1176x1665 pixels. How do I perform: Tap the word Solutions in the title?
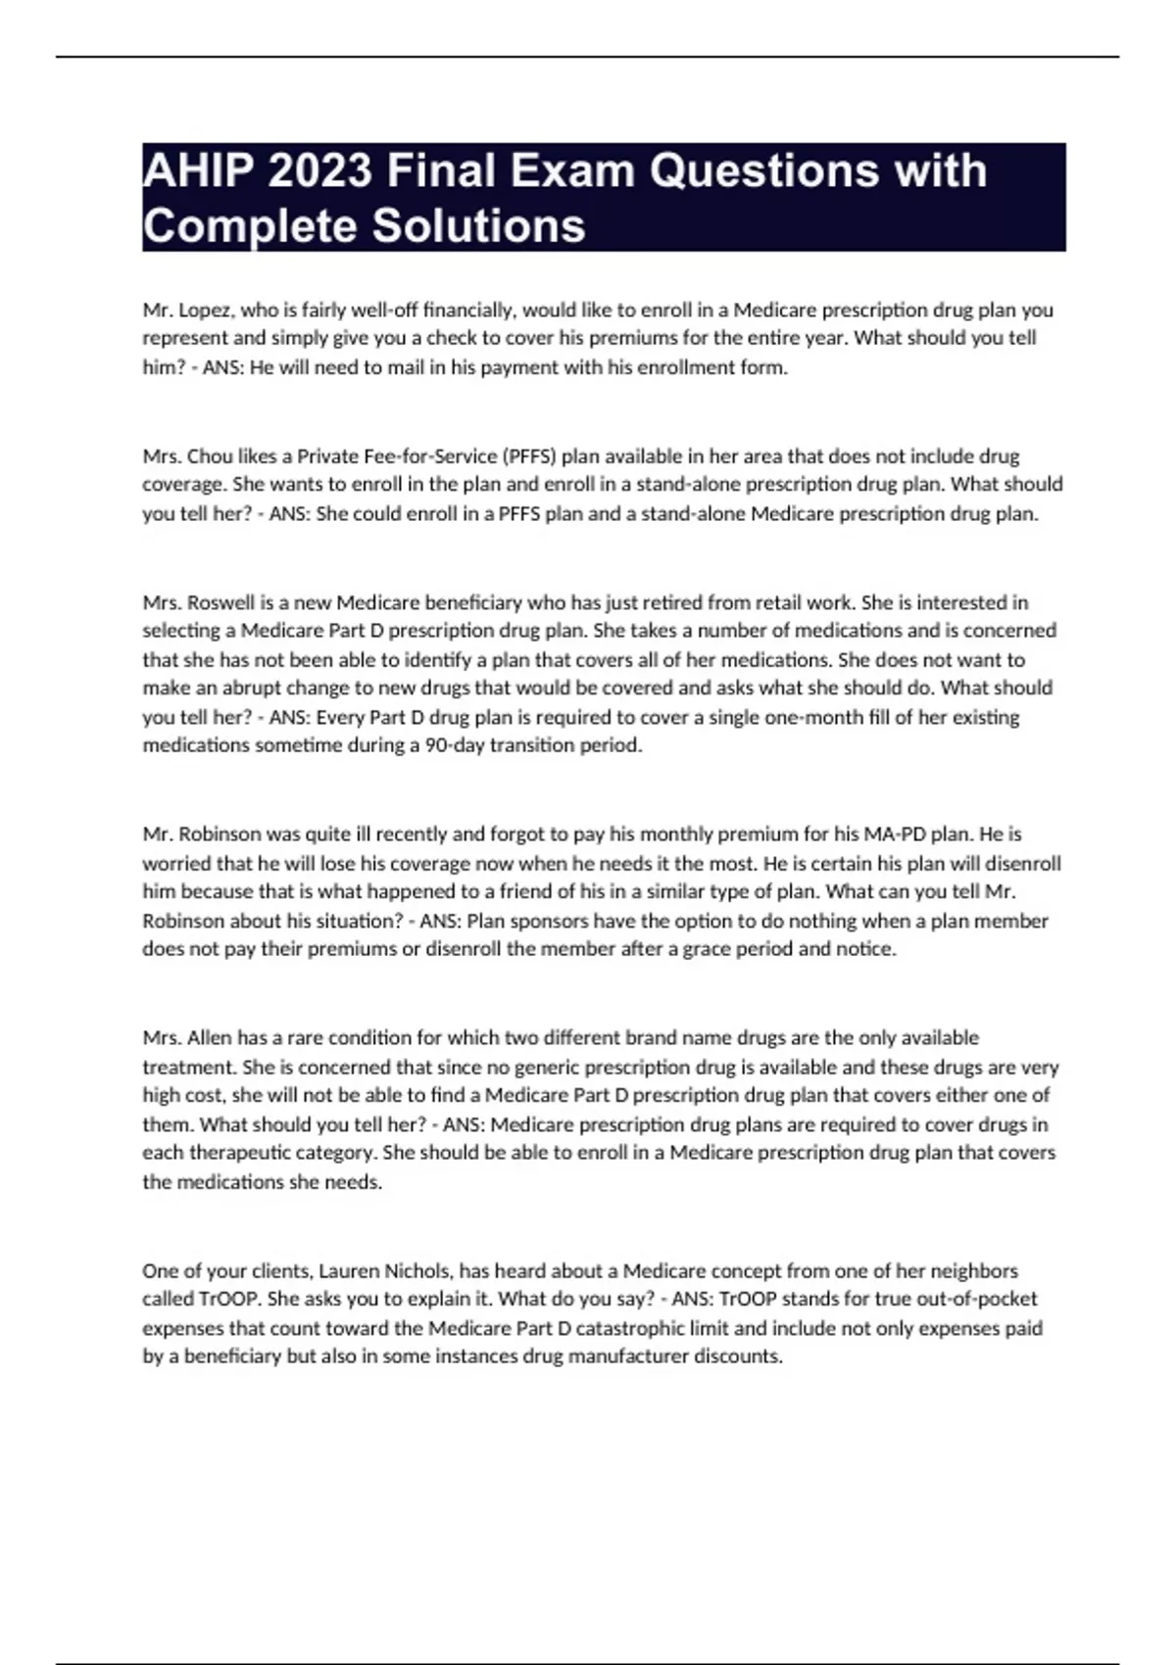(x=478, y=226)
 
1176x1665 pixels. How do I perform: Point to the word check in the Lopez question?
(x=453, y=338)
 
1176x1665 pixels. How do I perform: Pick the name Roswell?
(x=222, y=602)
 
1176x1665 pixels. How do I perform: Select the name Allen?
(x=209, y=1038)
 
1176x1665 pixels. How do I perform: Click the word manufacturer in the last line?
(x=628, y=1357)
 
